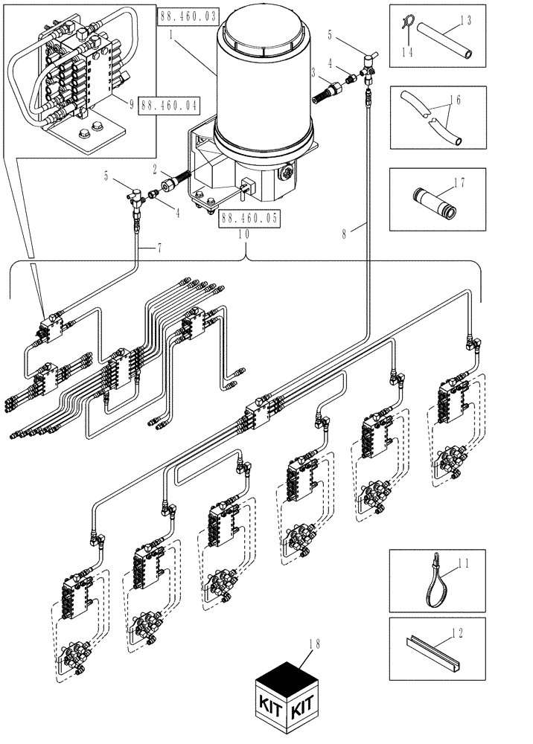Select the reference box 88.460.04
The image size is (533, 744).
pyautogui.click(x=169, y=106)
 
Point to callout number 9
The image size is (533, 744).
pyautogui.click(x=131, y=106)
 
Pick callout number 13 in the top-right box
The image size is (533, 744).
pyautogui.click(x=465, y=22)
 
